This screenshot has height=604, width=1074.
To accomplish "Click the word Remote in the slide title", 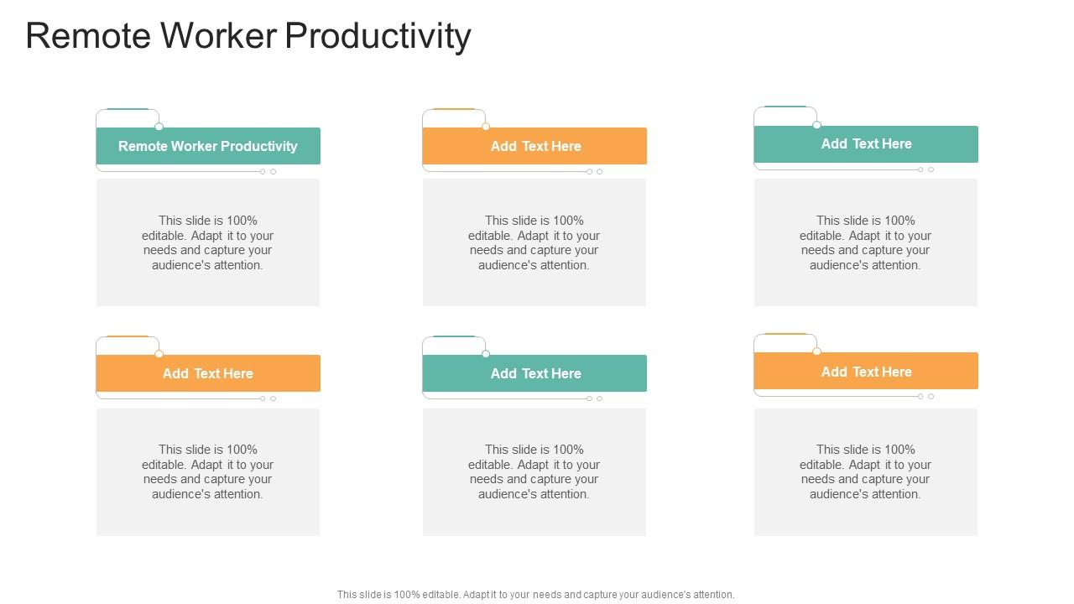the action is [88, 35].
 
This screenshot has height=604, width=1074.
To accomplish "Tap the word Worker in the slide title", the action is [219, 35].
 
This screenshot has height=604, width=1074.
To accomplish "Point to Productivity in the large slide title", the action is [378, 38].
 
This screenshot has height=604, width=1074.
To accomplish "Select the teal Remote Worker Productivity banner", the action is [208, 146].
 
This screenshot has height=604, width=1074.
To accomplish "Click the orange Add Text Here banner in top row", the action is [534, 146].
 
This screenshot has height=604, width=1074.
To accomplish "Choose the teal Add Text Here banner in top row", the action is [866, 143].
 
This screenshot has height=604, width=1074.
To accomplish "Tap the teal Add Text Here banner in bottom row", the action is [534, 373].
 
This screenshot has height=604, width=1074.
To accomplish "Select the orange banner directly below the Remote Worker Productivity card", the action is [208, 373].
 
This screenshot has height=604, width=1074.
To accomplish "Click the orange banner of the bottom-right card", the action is [866, 371].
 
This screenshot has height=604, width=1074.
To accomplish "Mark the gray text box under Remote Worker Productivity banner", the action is [208, 242].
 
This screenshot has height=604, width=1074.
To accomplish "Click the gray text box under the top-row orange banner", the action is [534, 242].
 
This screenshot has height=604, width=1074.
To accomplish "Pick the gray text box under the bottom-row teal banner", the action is [534, 471].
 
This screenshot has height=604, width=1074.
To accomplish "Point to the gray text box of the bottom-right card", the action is [865, 471].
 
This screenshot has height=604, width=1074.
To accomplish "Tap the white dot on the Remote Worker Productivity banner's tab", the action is [159, 127].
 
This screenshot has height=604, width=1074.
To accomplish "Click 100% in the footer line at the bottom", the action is [407, 595].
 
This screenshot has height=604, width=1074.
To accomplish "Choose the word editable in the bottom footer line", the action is [441, 595].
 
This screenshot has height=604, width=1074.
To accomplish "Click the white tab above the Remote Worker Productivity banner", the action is [128, 118].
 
